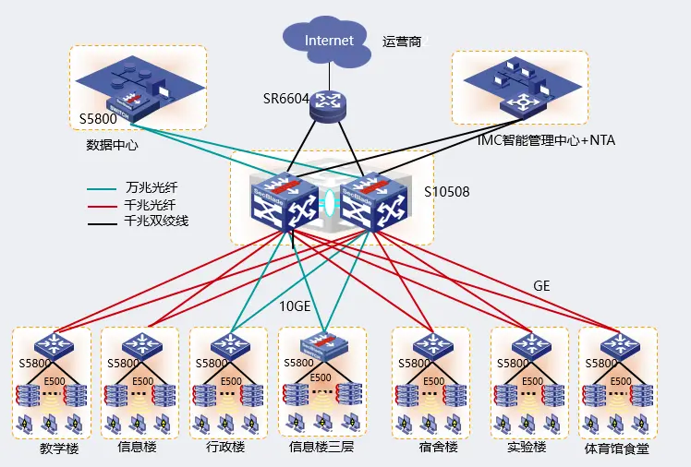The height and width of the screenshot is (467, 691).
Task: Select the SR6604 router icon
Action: click(x=325, y=104)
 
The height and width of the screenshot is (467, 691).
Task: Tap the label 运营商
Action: click(x=403, y=42)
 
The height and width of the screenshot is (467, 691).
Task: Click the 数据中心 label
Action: click(x=111, y=145)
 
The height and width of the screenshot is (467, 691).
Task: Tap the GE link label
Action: click(x=541, y=286)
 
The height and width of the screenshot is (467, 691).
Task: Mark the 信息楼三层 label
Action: click(x=321, y=448)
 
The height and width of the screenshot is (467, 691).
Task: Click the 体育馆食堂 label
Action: click(x=617, y=449)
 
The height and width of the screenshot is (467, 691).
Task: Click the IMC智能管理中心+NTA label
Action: click(x=545, y=141)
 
